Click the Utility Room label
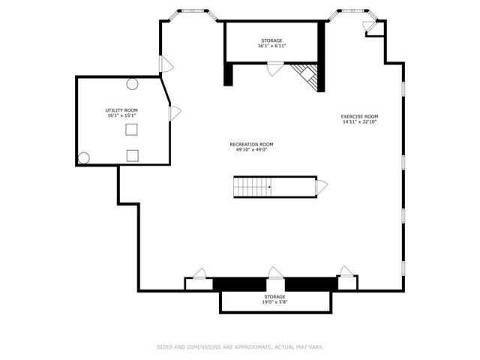pos(121,110)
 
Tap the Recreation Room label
pos(252,145)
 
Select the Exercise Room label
pos(359,117)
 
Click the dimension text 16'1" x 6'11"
pos(271,46)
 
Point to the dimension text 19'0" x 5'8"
pos(274,301)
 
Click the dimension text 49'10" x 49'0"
pos(252,150)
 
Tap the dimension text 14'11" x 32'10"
pos(359,121)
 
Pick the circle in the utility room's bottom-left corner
pos(83,158)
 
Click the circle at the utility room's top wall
pos(132,84)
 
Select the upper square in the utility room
pos(131,130)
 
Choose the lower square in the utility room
pos(133,156)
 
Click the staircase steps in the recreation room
pos(253,187)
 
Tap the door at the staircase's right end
pos(322,187)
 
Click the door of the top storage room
pos(275,68)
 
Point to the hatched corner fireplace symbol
pos(305,76)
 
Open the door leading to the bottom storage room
pos(275,273)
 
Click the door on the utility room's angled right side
pos(175,113)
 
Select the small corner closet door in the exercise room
pos(370,26)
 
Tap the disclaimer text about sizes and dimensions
pos(240,347)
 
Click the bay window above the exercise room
pos(352,14)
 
